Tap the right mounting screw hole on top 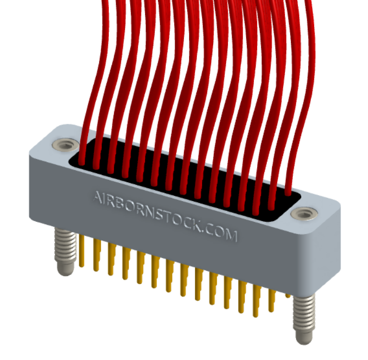coord(302,213)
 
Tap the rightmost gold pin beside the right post coord(288,296)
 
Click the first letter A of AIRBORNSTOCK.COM coord(97,197)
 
